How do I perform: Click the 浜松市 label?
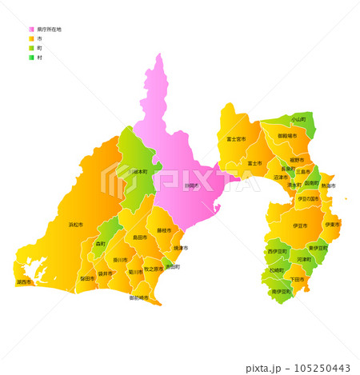click(x=75, y=225)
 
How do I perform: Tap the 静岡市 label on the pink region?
click(x=191, y=186)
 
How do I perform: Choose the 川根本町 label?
click(x=138, y=171)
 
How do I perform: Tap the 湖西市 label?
click(x=24, y=281)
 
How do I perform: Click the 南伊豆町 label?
click(x=282, y=292)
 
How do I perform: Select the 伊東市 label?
click(x=331, y=225)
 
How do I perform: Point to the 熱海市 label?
click(x=329, y=186)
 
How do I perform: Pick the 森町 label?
click(x=101, y=243)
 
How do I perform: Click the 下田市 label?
click(x=298, y=278)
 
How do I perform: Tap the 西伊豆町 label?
click(x=277, y=251)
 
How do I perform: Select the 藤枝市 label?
click(x=164, y=230)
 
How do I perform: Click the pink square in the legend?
click(x=31, y=30)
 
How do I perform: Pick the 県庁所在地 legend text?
click(x=49, y=30)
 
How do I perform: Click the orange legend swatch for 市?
click(x=31, y=38)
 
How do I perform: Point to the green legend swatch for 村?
click(x=31, y=58)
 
